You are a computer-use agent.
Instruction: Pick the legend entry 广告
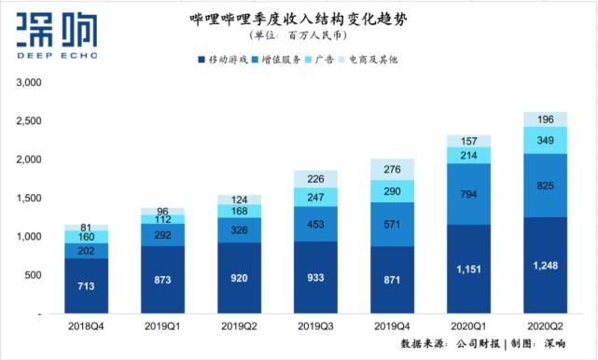click(326, 60)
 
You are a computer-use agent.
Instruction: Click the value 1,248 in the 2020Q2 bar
click(545, 266)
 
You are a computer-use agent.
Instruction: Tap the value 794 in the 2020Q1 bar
click(468, 195)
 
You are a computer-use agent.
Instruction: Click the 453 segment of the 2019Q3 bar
click(316, 224)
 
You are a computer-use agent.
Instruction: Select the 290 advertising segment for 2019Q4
click(393, 191)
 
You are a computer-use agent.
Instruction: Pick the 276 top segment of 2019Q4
click(393, 169)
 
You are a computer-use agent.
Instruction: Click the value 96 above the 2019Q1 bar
click(163, 211)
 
